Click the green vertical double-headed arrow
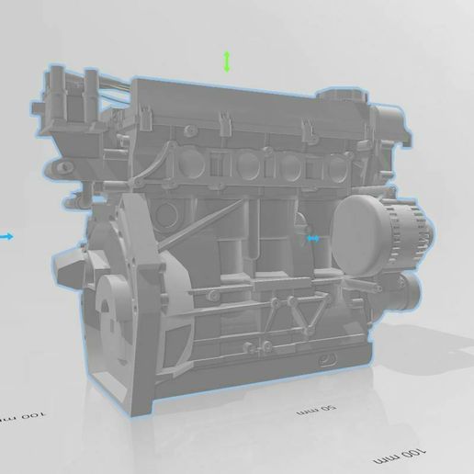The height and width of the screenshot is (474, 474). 227,62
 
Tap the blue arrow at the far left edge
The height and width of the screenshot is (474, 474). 7,236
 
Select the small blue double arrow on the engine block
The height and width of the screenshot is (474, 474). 314,238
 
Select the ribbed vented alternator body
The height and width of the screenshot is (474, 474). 403,234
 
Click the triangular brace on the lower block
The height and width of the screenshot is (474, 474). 303,317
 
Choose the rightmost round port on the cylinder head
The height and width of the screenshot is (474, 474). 337,169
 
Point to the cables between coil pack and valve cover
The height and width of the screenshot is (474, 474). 115,85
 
